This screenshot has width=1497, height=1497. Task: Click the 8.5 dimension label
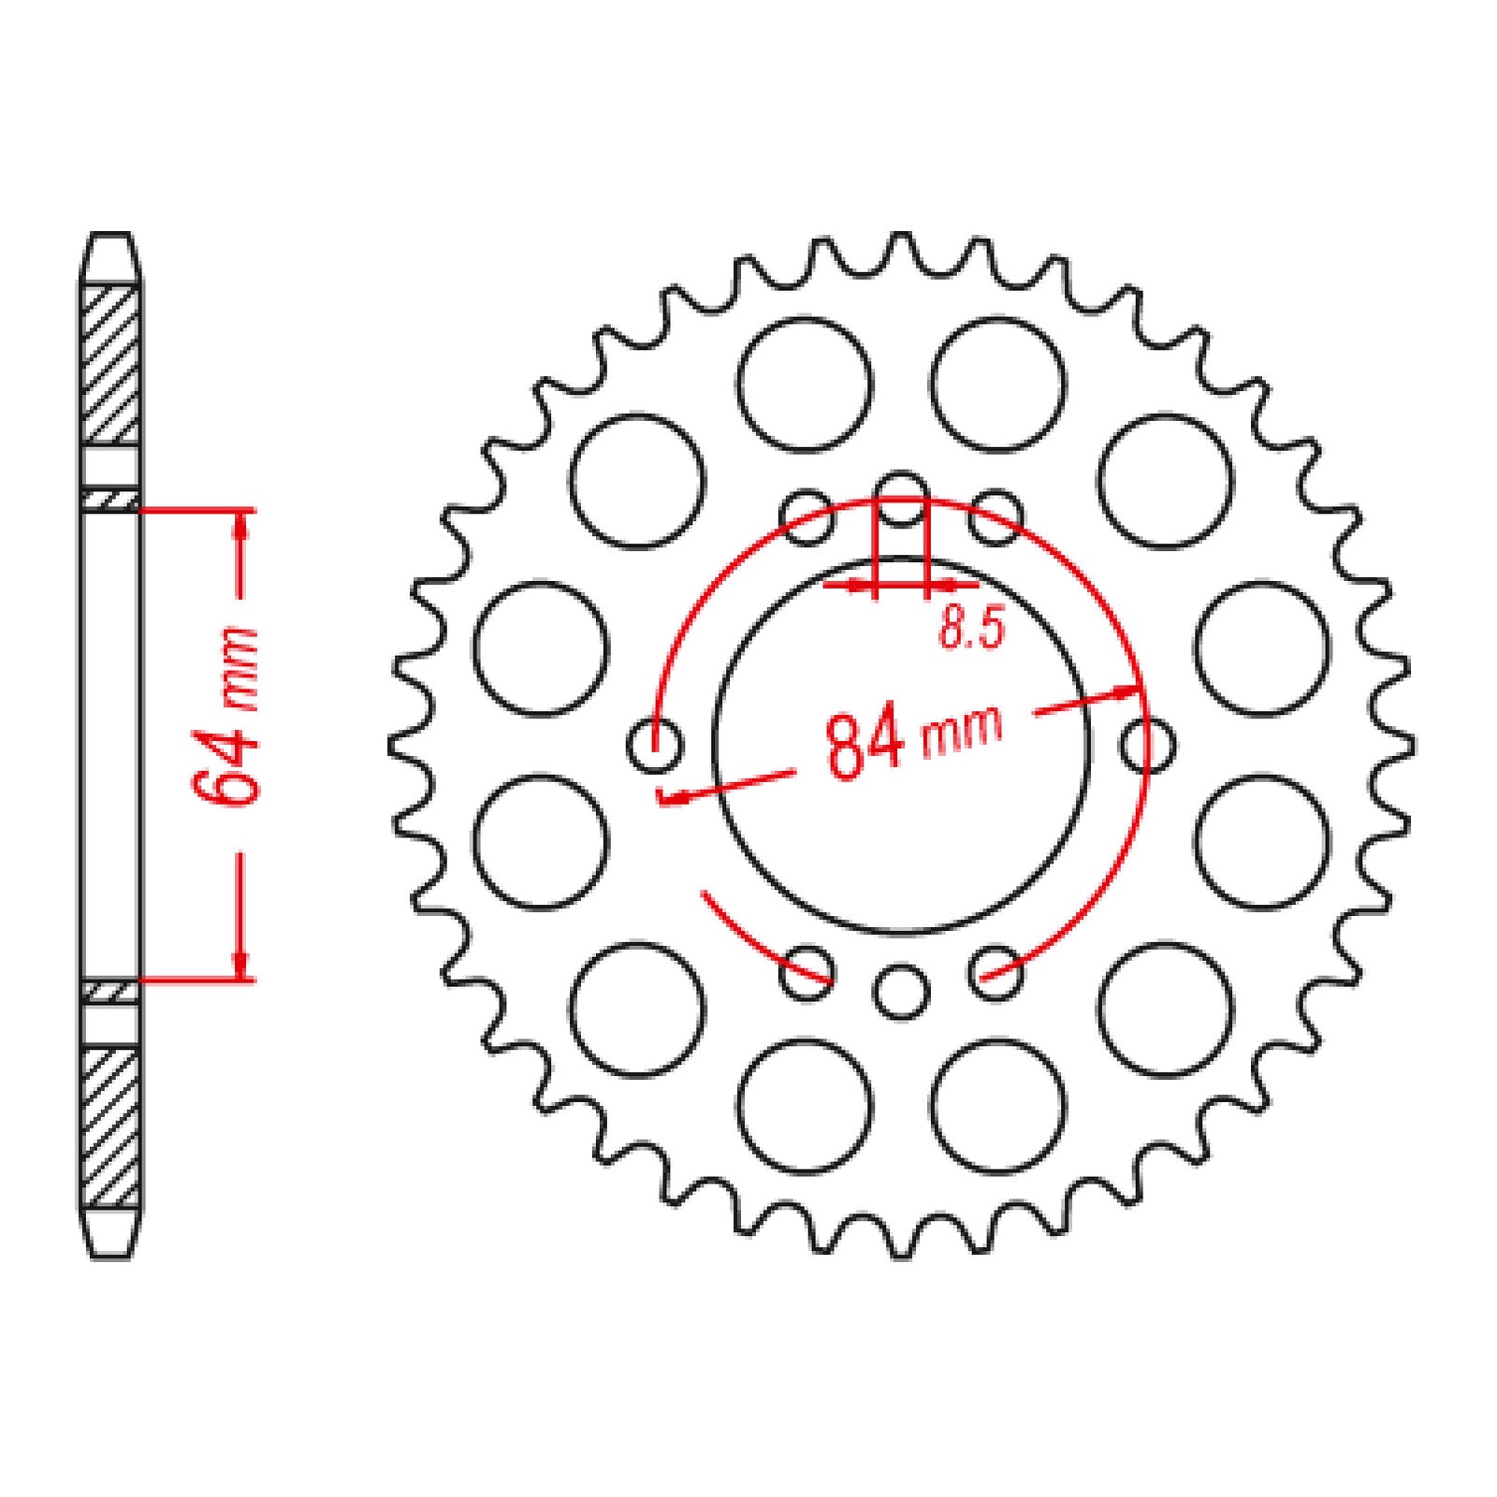tap(971, 628)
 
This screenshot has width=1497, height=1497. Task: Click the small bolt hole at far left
tap(654, 746)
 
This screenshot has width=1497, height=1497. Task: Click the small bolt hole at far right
tap(1147, 746)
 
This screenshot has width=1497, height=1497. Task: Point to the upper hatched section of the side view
tap(111, 365)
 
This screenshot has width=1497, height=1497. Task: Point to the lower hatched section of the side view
tap(111, 1127)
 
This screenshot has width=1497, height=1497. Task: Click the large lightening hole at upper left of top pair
tap(804, 385)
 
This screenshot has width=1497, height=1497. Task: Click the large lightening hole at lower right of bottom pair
tap(998, 1105)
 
